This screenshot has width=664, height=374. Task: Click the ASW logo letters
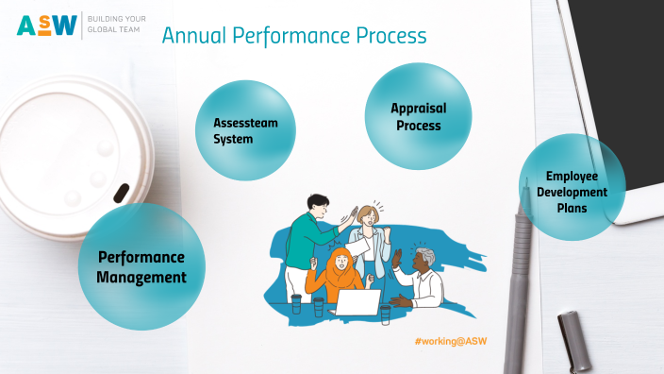47,25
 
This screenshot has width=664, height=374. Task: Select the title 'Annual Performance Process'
293,36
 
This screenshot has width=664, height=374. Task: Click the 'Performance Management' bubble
140,266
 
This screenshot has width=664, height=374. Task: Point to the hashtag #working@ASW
450,340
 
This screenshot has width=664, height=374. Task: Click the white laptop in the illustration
358,302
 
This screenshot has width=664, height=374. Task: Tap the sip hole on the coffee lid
120,192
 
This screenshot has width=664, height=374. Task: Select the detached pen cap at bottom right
574,341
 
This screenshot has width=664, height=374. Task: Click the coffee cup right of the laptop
386,314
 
